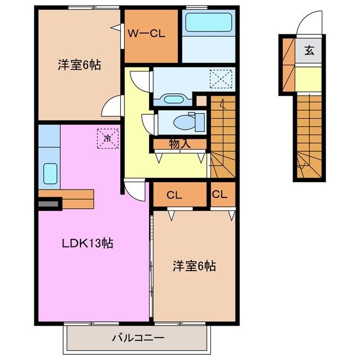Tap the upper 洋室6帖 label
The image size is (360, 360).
point(79,65)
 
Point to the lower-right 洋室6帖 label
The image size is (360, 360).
point(194,265)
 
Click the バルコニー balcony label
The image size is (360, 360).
point(138,338)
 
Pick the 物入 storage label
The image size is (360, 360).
point(180,144)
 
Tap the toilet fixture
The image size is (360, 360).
point(183,121)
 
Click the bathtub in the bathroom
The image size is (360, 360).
point(209,24)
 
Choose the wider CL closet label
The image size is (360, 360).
point(174,196)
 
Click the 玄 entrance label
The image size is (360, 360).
point(309,51)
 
